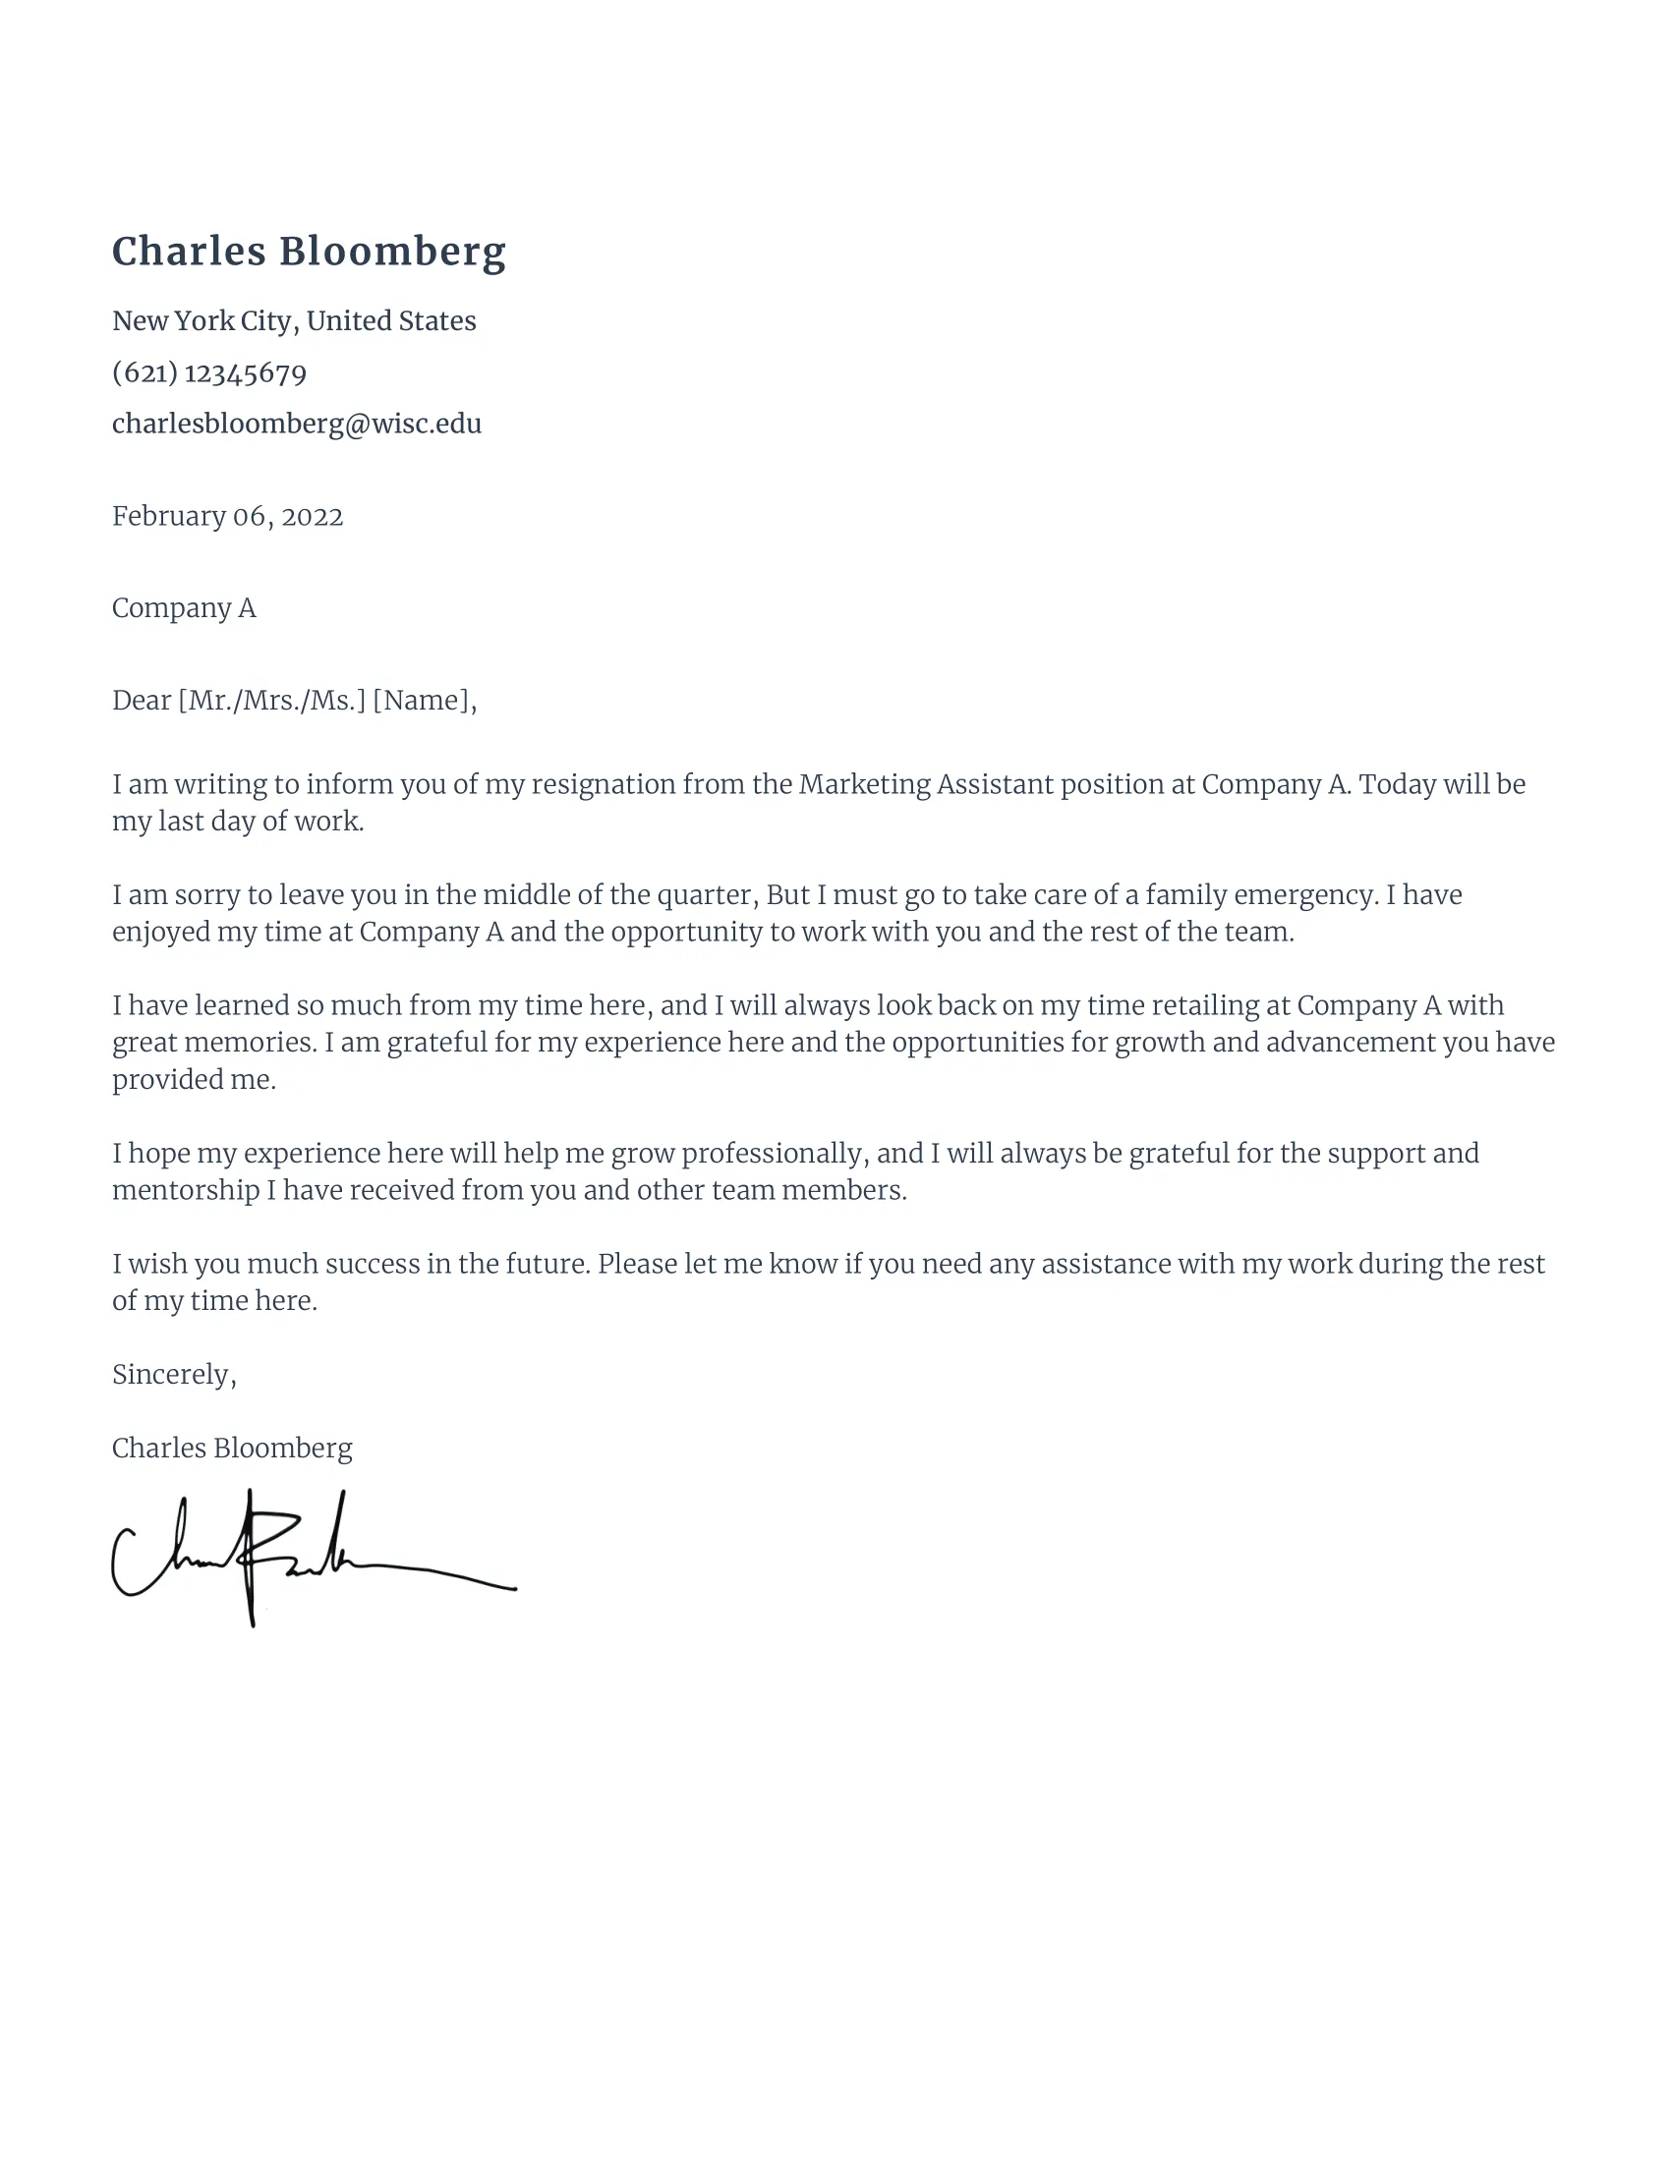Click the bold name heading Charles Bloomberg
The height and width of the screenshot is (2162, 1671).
click(309, 252)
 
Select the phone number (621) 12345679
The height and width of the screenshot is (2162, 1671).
click(208, 373)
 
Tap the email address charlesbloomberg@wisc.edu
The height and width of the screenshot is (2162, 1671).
click(296, 424)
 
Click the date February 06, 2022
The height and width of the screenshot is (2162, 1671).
click(227, 517)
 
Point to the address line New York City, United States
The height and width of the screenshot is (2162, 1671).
click(294, 320)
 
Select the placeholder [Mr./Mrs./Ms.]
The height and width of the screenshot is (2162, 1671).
click(271, 701)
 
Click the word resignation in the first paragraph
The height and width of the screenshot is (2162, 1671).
click(603, 785)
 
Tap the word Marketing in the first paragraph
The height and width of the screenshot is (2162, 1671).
click(863, 785)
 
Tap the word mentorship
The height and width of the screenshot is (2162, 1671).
click(185, 1190)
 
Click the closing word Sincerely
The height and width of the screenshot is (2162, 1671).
click(172, 1375)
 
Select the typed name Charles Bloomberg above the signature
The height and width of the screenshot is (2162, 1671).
click(232, 1449)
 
